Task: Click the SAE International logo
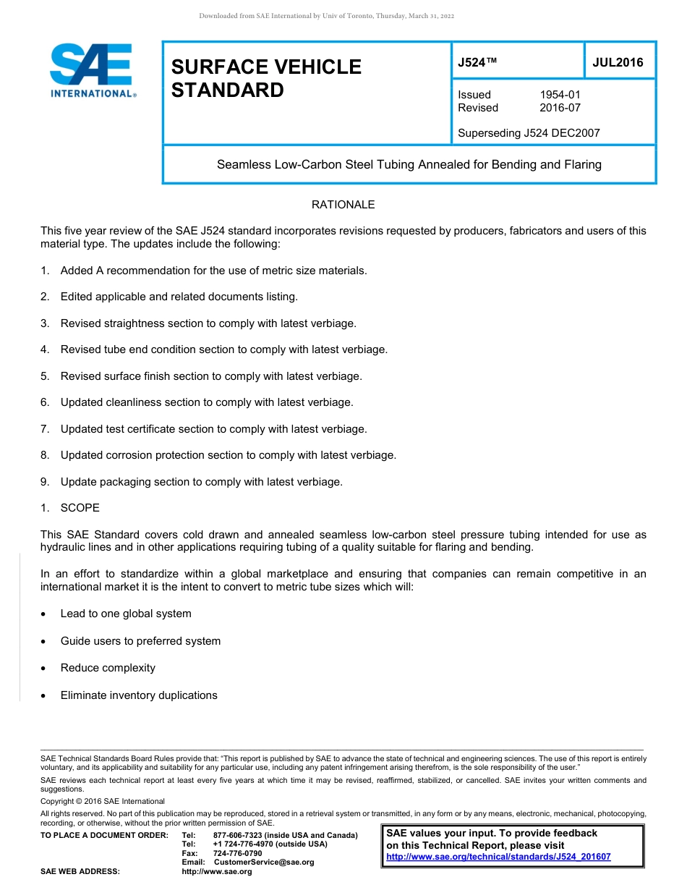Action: tap(92, 69)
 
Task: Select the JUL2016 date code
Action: tap(618, 62)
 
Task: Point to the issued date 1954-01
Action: tap(560, 95)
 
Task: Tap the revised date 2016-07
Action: tap(560, 108)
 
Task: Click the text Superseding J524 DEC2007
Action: tap(529, 133)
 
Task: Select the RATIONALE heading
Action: tap(343, 205)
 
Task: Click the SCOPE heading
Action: tap(80, 508)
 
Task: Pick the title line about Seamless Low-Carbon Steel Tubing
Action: tap(409, 164)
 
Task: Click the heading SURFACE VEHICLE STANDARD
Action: tap(266, 78)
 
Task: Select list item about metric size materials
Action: tap(213, 271)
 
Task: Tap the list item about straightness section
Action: tap(208, 323)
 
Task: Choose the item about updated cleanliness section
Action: tap(207, 402)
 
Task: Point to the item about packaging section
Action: tap(201, 482)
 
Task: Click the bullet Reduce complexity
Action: tap(108, 668)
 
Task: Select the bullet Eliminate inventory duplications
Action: tap(139, 695)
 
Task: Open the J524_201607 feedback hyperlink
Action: tap(498, 857)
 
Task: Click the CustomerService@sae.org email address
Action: tap(264, 863)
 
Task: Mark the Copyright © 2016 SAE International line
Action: tap(103, 801)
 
